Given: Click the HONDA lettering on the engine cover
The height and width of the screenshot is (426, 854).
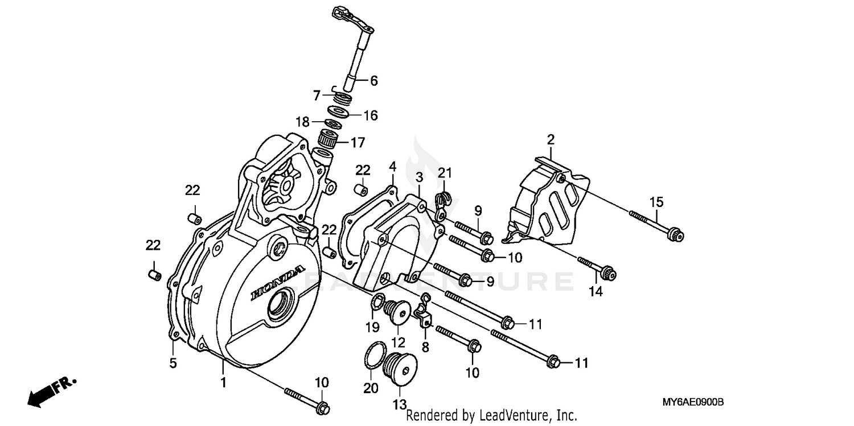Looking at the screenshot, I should tap(278, 282).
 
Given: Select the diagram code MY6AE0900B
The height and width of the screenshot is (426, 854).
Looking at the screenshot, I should tap(692, 402).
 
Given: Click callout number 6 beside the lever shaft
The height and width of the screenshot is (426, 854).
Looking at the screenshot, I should tap(373, 81).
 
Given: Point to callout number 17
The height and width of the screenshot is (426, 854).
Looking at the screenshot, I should tap(358, 142).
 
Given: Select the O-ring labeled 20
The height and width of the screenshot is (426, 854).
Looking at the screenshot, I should tap(371, 360).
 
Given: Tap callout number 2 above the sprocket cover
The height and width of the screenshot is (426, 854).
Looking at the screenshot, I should tap(551, 140).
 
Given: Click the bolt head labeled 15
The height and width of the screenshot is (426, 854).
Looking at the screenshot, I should tap(675, 233).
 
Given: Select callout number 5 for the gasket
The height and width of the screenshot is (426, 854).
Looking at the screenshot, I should tap(173, 362).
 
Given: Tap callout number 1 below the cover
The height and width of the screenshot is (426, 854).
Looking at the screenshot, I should tap(223, 383).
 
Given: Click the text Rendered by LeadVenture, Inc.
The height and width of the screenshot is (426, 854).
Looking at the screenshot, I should tap(491, 416).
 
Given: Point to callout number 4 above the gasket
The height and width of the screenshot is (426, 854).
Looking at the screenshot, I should tap(392, 167).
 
